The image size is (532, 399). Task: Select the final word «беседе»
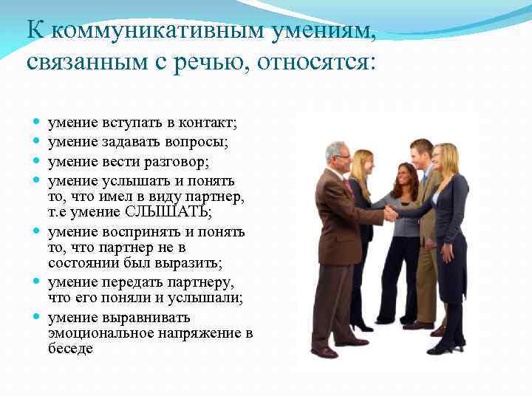[x=71, y=348]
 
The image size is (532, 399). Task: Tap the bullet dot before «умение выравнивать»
[x=36, y=318]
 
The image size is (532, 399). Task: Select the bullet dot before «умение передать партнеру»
[x=36, y=282]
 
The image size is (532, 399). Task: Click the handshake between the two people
[x=389, y=214]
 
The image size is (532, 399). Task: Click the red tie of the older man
[x=347, y=187]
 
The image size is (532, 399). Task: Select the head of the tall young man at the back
[x=421, y=151]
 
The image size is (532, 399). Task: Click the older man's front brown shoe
[x=325, y=352]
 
